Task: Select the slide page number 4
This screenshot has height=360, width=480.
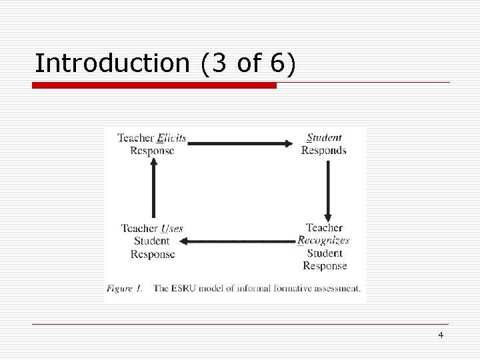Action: click(x=441, y=335)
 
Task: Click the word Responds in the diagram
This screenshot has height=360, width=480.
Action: click(x=324, y=151)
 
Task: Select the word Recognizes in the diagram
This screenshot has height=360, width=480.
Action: click(x=323, y=241)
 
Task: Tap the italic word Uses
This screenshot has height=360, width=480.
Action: click(x=172, y=229)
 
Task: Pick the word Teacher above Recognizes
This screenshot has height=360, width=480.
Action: click(x=324, y=228)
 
